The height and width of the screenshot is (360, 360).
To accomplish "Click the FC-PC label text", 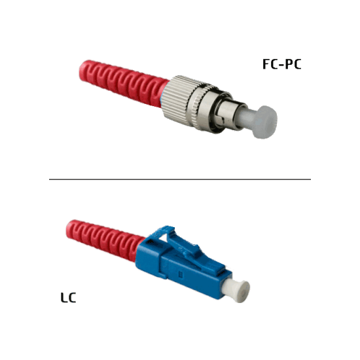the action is (x=281, y=64).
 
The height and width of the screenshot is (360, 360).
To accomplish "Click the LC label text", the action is (x=68, y=298).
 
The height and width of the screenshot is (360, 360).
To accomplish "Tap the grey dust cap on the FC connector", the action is (x=264, y=122).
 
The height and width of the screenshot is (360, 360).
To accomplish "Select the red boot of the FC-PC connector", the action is (x=124, y=82).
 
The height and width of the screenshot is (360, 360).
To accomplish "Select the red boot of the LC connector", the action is (x=105, y=238).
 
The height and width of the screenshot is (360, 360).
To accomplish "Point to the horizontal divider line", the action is (x=180, y=179).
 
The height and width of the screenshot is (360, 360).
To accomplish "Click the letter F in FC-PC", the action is (x=266, y=64).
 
